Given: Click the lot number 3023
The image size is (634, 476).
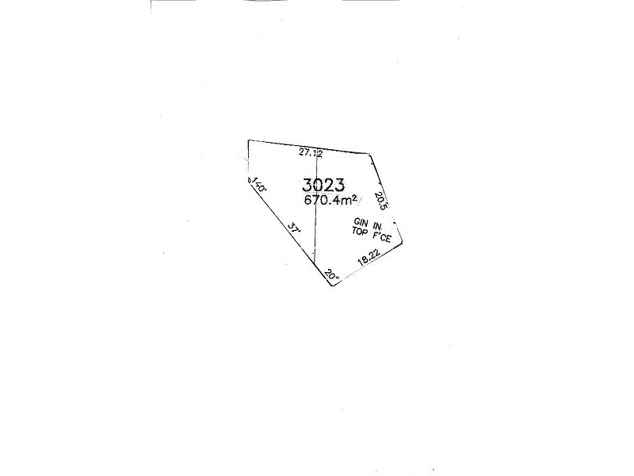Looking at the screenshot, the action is pyautogui.click(x=323, y=185).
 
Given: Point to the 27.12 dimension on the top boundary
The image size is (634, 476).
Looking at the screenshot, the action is pyautogui.click(x=310, y=151).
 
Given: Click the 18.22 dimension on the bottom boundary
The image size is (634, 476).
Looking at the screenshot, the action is pyautogui.click(x=369, y=259).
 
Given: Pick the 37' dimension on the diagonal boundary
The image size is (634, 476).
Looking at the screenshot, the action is pyautogui.click(x=294, y=228).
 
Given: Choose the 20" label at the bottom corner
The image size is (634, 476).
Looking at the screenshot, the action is pyautogui.click(x=332, y=275).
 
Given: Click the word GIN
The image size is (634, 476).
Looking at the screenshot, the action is pyautogui.click(x=361, y=223).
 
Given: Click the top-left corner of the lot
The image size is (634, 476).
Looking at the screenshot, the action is pyautogui.click(x=248, y=140).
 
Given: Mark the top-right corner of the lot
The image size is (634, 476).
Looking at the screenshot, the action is pyautogui.click(x=374, y=154).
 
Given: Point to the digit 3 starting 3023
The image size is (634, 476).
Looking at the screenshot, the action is pyautogui.click(x=307, y=185).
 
